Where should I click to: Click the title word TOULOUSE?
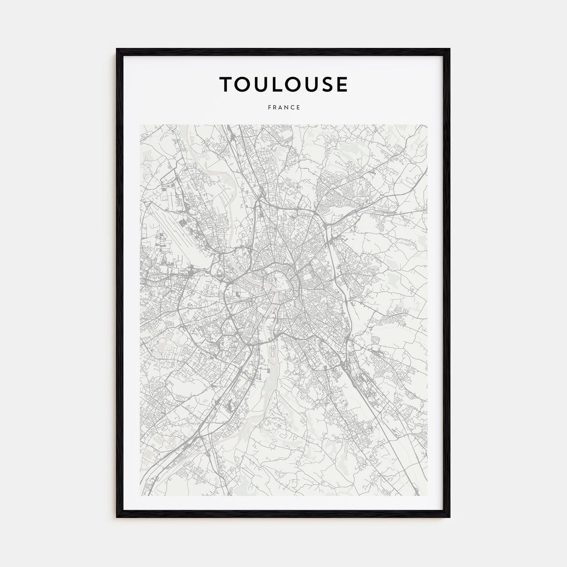pyautogui.click(x=283, y=84)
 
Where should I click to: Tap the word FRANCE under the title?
pyautogui.click(x=283, y=108)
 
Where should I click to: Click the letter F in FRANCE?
pyautogui.click(x=269, y=108)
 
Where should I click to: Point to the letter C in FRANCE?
pyautogui.click(x=292, y=108)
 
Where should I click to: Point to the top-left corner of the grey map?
pyautogui.click(x=141, y=125)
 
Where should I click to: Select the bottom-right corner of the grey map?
pyautogui.click(x=427, y=496)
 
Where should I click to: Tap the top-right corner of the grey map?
pyautogui.click(x=427, y=125)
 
